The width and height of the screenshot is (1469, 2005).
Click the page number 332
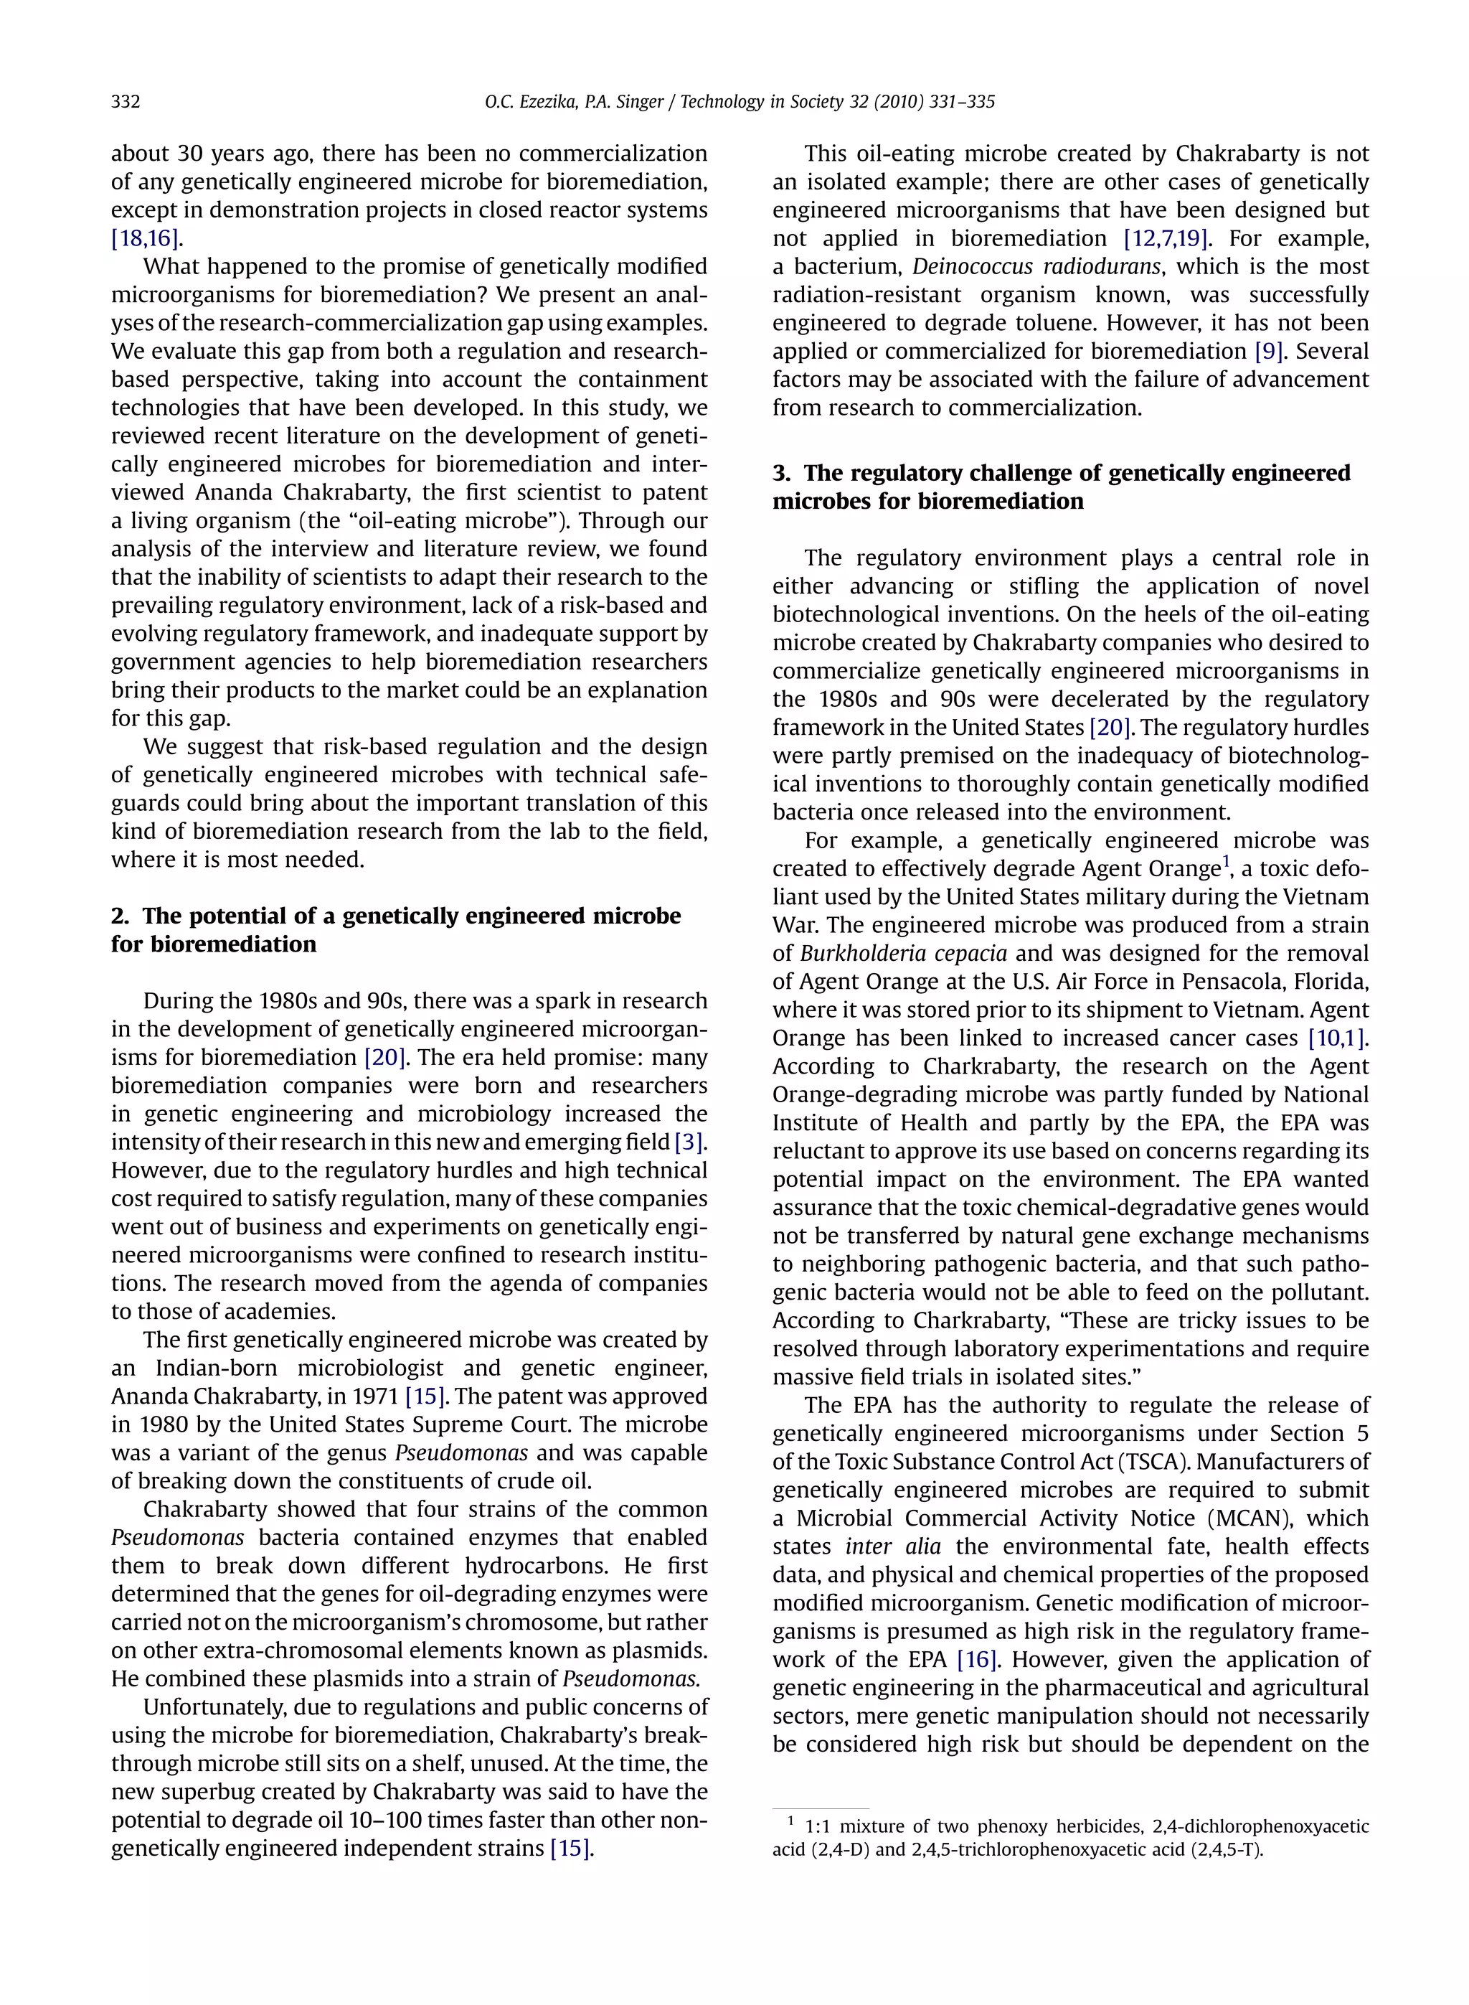[126, 101]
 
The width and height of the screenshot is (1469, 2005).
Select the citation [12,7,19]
[1162, 238]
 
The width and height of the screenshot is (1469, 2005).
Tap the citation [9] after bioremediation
[1269, 352]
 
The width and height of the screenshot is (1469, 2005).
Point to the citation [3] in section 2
[689, 1141]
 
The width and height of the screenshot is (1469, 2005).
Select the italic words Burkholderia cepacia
[904, 954]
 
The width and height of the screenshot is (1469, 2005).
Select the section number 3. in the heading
[783, 473]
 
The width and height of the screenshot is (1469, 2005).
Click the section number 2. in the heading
[122, 916]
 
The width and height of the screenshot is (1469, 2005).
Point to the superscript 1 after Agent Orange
[1225, 862]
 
